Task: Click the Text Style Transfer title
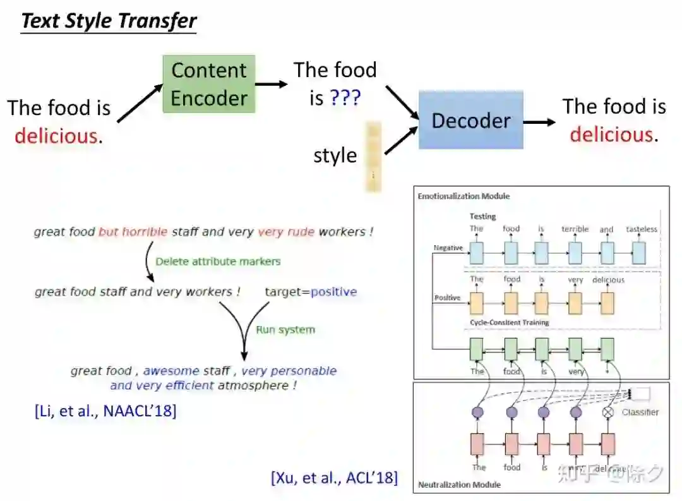(x=109, y=21)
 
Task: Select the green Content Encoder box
(x=209, y=84)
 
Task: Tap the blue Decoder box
(x=470, y=120)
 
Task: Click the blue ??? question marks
(x=344, y=98)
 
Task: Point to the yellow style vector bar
(x=373, y=157)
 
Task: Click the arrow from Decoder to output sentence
(x=539, y=122)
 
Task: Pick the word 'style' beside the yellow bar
(x=335, y=155)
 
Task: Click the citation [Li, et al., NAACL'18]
(x=105, y=411)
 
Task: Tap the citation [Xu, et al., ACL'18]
(x=335, y=478)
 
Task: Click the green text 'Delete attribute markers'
(x=218, y=261)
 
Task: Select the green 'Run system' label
(x=285, y=329)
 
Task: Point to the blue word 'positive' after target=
(x=333, y=292)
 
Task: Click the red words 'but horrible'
(x=133, y=232)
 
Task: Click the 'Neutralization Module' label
(x=459, y=485)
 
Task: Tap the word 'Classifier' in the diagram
(x=640, y=412)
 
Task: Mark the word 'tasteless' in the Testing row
(x=641, y=229)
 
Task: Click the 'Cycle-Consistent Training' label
(x=509, y=322)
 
